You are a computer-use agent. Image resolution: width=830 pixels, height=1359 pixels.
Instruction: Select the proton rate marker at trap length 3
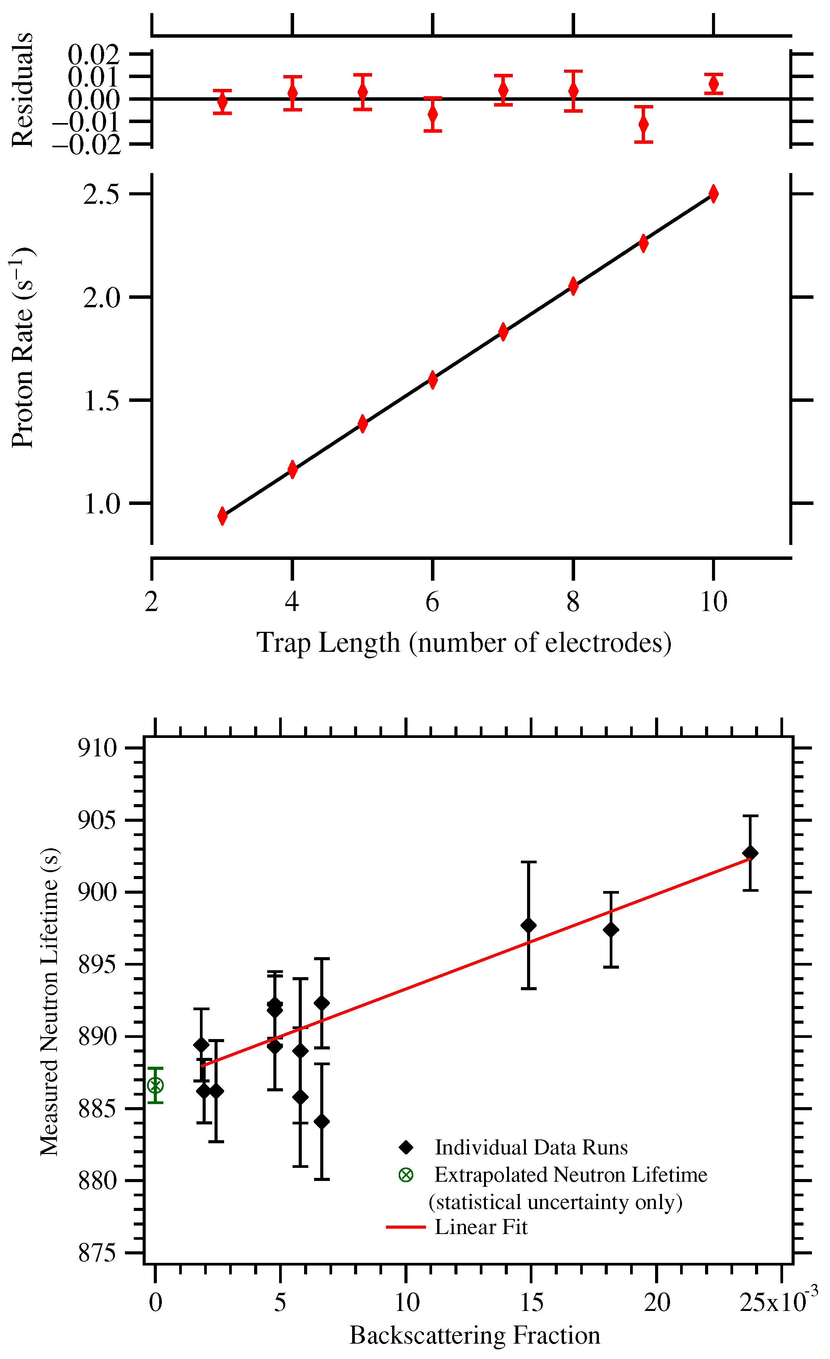[222, 516]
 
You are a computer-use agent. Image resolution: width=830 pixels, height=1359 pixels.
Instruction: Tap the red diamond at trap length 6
[432, 380]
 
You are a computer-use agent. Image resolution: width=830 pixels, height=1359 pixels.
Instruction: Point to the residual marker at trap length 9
[643, 124]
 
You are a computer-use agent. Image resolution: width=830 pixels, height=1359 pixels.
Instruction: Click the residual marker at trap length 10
[713, 84]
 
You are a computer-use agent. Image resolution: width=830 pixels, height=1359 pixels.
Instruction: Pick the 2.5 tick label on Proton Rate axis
[101, 194]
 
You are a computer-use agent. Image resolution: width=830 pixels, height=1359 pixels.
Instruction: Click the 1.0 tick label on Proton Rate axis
[101, 503]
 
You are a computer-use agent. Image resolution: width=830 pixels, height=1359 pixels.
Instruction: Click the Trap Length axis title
[464, 643]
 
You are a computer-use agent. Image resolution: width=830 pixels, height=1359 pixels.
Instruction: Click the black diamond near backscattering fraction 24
[750, 853]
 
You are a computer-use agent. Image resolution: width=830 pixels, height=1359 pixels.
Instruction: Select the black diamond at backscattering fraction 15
[528, 925]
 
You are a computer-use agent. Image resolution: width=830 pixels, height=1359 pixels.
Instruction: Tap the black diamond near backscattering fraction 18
[610, 930]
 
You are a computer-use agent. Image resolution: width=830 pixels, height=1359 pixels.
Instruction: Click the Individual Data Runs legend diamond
[406, 1147]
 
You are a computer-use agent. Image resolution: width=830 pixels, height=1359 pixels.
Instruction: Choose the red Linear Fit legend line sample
[406, 1227]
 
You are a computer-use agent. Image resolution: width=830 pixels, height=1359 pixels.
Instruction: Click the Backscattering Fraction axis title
[475, 1335]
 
